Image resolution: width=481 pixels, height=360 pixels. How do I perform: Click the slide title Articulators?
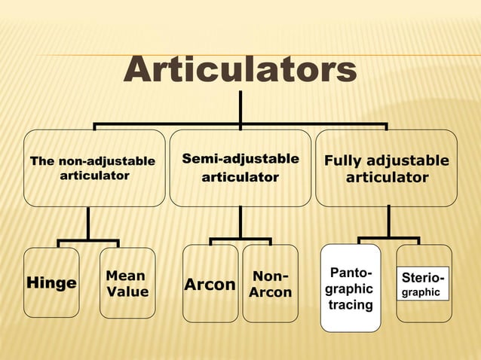[x=240, y=70]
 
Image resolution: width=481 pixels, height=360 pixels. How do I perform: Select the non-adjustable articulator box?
[x=94, y=168]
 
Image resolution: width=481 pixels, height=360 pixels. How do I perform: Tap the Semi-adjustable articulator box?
[x=240, y=168]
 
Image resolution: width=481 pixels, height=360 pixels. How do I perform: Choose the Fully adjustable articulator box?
[x=386, y=168]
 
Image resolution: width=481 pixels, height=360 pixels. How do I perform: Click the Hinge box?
[x=51, y=282]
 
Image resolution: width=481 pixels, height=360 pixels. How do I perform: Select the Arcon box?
[x=210, y=284]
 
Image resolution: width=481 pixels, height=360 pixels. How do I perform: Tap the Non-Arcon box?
[x=270, y=284]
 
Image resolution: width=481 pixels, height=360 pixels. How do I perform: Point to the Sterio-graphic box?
[x=423, y=282]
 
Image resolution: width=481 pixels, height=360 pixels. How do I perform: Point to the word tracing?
[x=351, y=305]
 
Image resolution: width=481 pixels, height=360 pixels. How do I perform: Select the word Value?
[x=127, y=291]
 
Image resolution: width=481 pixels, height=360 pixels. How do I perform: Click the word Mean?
[x=125, y=276]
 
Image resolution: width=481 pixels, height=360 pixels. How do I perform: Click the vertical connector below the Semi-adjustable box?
[x=240, y=222]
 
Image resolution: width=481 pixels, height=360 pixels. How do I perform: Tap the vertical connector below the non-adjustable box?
[x=88, y=224]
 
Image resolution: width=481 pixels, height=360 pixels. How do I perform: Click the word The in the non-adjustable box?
[x=41, y=161]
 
